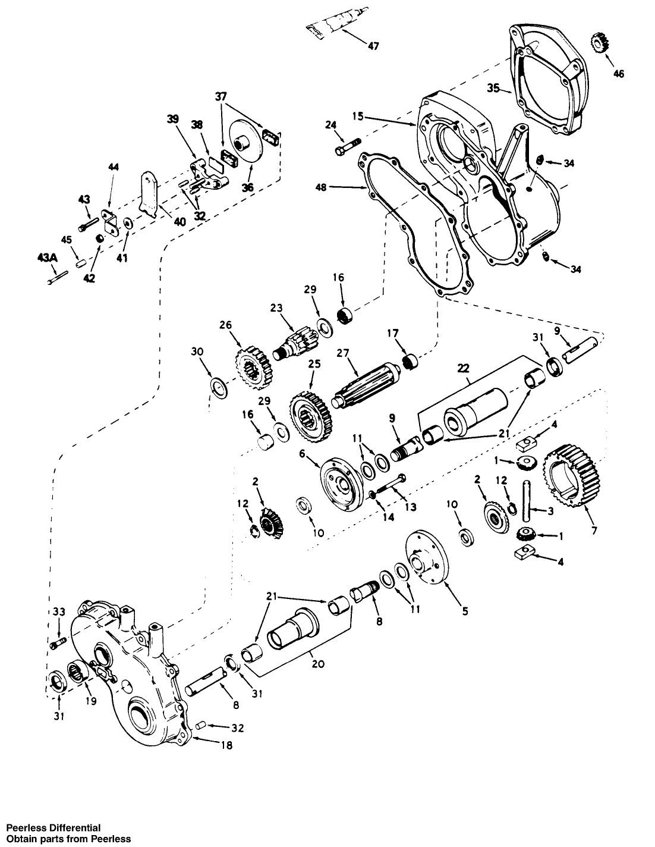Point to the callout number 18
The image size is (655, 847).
226,745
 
